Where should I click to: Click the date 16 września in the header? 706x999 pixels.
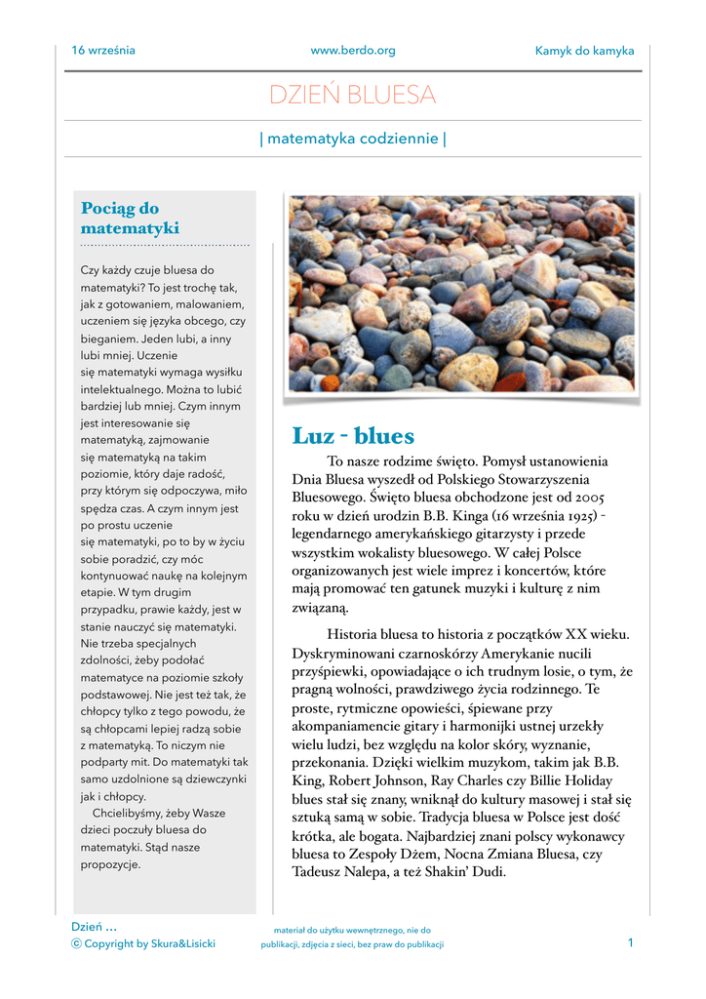103,51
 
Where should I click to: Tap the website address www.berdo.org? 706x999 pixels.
352,51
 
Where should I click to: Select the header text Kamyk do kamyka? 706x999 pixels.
584,51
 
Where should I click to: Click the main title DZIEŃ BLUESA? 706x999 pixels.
352,96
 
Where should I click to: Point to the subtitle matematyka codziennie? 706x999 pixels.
352,139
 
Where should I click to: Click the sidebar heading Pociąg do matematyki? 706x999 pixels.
129,219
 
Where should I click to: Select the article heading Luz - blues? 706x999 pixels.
353,435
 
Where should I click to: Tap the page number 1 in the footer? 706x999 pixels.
630,942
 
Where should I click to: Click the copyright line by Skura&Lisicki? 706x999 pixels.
143,943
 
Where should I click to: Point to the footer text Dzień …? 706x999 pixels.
94,926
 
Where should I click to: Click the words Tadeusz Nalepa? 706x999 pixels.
337,871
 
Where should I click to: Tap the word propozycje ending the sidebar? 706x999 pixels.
110,863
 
